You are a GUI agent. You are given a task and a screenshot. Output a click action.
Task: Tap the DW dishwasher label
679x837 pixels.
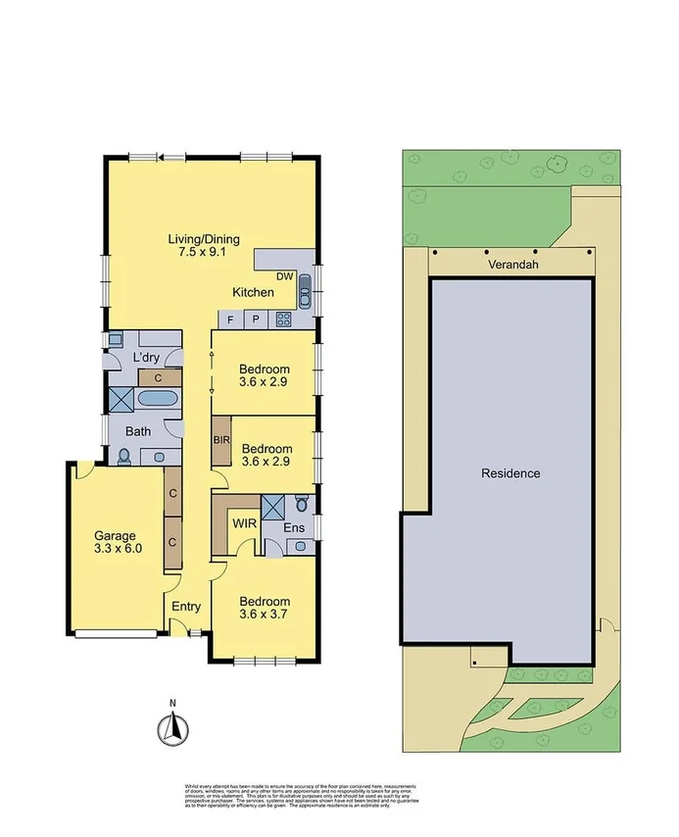point(284,277)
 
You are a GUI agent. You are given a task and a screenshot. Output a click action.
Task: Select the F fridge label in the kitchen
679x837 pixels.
point(230,320)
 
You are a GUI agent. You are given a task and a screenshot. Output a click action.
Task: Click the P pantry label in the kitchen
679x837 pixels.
point(255,320)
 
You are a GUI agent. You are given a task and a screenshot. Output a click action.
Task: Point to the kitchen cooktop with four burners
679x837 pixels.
point(283,319)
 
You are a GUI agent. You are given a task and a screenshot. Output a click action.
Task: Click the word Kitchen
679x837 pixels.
point(253,293)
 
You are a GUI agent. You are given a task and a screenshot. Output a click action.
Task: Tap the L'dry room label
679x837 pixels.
point(147,357)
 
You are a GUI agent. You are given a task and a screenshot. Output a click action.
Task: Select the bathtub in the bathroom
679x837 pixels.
point(157,399)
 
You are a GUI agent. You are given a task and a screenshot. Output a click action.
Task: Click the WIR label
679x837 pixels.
point(244,523)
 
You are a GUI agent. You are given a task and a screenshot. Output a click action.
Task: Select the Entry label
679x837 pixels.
point(186,607)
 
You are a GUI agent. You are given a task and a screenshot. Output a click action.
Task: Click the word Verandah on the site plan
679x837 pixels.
point(509,264)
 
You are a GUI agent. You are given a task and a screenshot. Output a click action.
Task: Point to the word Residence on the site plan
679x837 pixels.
point(509,473)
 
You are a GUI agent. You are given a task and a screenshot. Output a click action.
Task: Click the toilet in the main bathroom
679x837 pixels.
point(124,455)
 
